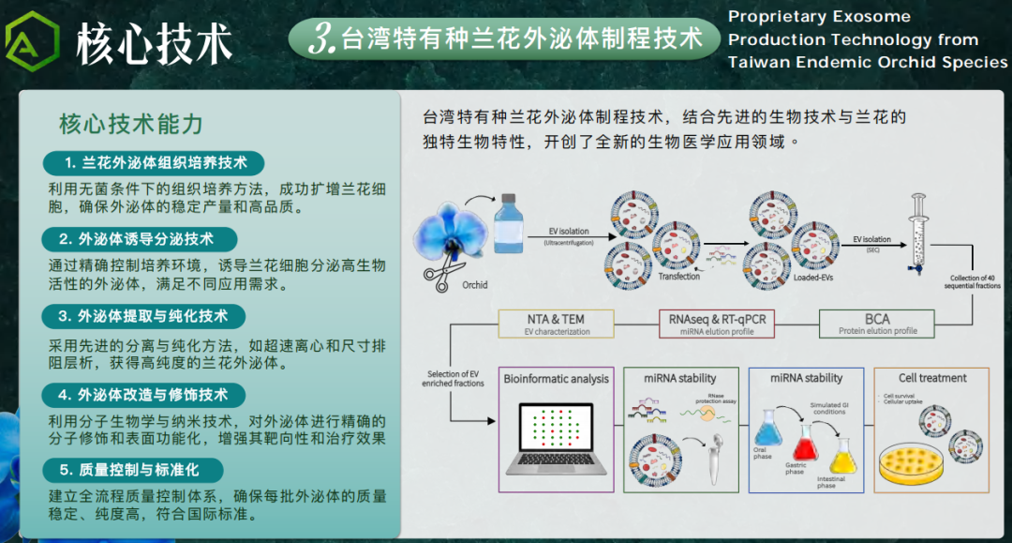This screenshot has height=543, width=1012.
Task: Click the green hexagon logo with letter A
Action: point(32,42)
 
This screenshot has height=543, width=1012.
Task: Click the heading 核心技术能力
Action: point(131,124)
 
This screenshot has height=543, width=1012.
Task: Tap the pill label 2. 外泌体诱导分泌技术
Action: point(140,238)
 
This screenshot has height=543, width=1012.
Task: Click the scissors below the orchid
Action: point(439,274)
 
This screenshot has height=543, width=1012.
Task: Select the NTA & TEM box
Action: point(557,324)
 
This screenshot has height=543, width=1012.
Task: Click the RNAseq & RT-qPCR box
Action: point(717,324)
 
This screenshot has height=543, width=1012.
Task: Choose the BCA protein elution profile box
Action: point(877,324)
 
